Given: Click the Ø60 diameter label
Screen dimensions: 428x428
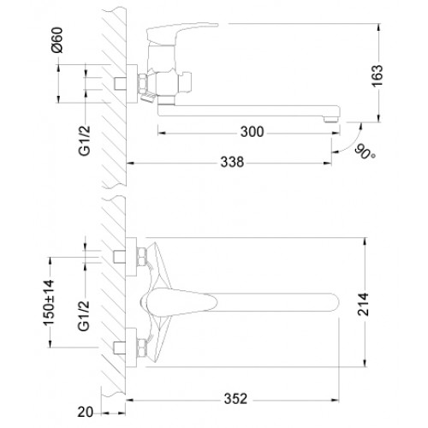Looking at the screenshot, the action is point(57,40).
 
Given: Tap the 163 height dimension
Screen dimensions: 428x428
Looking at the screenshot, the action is point(377,75).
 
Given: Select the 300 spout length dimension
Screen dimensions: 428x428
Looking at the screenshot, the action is point(252,132).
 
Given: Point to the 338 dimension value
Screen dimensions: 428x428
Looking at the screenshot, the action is point(232,162).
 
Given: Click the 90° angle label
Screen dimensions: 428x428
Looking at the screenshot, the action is point(366,152).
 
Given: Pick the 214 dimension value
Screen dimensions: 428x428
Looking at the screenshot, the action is point(363,304).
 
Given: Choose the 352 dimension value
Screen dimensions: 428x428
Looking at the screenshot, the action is point(235,399).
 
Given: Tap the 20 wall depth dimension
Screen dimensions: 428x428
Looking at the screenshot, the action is point(85,412).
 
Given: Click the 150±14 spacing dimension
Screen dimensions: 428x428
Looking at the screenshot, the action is point(49,303).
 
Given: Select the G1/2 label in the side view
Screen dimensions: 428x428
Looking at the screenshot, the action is point(85,140).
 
